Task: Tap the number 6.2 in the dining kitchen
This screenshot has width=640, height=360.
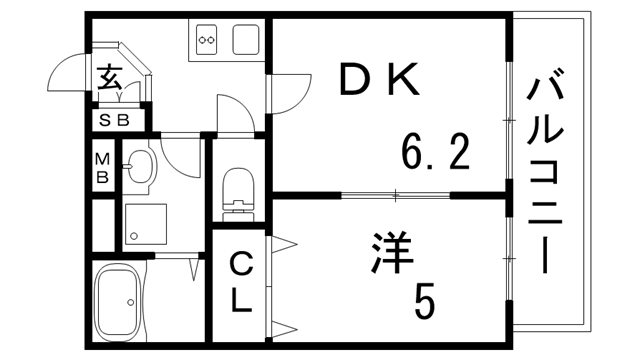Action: point(435,152)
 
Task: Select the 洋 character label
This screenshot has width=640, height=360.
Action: point(392,252)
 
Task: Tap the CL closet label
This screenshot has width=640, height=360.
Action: point(240,283)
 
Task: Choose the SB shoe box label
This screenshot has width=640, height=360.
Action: point(114,121)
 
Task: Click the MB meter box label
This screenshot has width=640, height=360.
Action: point(102,166)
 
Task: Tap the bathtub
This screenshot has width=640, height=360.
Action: point(119,303)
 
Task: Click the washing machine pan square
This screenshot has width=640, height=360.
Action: point(147,225)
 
